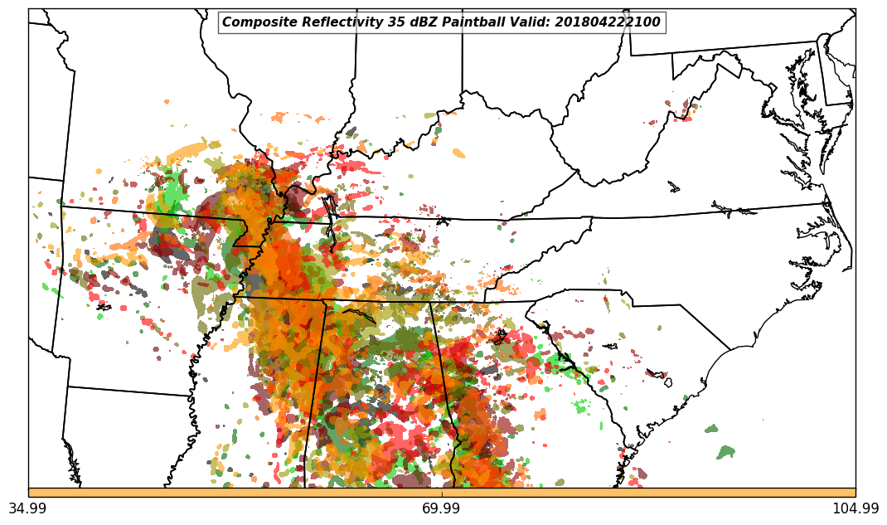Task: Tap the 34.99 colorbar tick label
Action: point(28,508)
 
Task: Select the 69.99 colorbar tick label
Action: point(442,508)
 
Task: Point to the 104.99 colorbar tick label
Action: point(855,508)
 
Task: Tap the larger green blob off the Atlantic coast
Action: point(725,452)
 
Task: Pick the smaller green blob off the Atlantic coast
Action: point(711,429)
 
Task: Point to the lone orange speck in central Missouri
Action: point(166,101)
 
